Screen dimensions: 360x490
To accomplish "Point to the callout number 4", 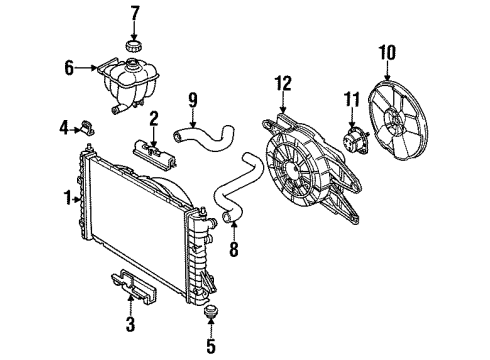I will pyautogui.click(x=62, y=127).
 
